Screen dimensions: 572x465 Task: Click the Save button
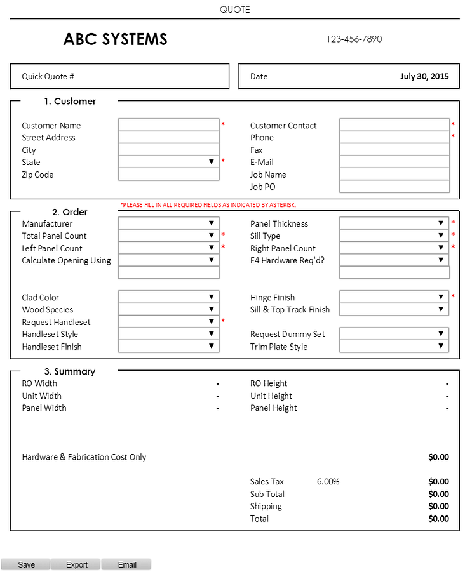point(26,564)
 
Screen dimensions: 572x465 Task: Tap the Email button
point(126,564)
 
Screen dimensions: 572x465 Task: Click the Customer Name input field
point(168,125)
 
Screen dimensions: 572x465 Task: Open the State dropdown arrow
point(212,162)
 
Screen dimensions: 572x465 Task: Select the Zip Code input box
point(168,175)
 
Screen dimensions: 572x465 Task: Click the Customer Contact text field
point(394,125)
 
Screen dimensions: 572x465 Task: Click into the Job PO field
point(394,187)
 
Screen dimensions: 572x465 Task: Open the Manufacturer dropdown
point(168,223)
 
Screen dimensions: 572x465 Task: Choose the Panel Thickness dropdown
point(394,223)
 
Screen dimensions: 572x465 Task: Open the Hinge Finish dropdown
point(394,297)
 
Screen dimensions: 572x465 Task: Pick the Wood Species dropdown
point(168,309)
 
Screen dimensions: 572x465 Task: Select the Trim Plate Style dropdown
point(394,347)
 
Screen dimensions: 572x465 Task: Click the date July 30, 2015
point(424,76)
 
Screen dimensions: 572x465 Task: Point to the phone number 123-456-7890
point(354,39)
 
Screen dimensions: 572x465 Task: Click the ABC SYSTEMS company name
point(115,39)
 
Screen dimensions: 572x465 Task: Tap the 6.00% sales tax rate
point(328,482)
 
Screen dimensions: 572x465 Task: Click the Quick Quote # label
point(48,76)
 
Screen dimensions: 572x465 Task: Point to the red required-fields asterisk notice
point(208,205)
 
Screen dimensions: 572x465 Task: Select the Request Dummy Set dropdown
point(394,334)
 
